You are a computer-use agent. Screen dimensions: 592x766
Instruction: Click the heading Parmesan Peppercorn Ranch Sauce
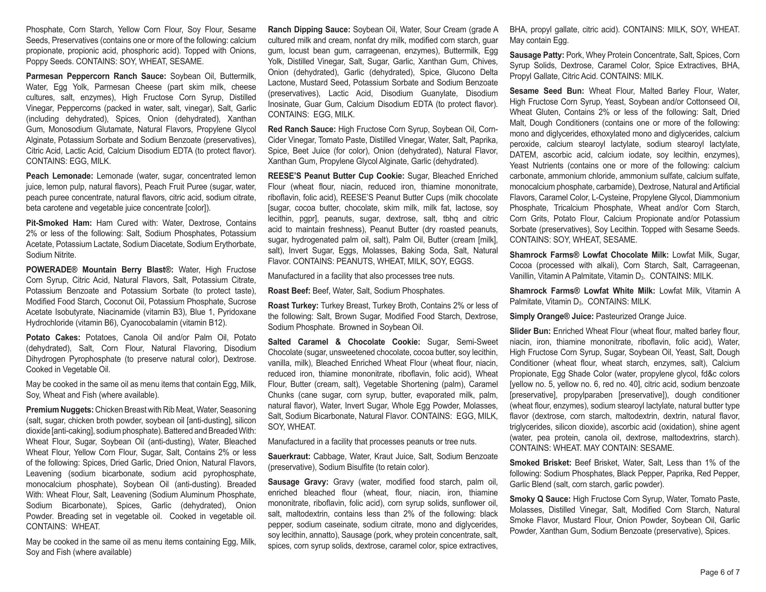point(96,76)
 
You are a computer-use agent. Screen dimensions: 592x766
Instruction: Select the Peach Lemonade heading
point(59,176)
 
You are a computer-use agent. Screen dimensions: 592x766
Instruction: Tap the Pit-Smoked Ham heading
point(59,223)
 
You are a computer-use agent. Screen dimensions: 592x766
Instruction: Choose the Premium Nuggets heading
point(60,410)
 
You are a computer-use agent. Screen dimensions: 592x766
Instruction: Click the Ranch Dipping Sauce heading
point(309,30)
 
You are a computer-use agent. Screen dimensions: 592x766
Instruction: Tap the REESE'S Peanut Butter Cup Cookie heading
point(336,176)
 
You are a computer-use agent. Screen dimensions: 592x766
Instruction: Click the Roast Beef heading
point(289,291)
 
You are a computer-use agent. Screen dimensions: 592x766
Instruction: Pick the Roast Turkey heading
point(293,306)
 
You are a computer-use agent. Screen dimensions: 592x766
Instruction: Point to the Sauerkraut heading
point(290,456)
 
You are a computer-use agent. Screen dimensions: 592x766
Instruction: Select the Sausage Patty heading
point(537,55)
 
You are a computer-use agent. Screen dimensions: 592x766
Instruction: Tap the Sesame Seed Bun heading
point(547,91)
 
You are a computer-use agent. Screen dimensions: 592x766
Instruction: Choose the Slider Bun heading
point(530,331)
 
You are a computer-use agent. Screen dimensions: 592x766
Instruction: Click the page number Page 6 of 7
point(720,572)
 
